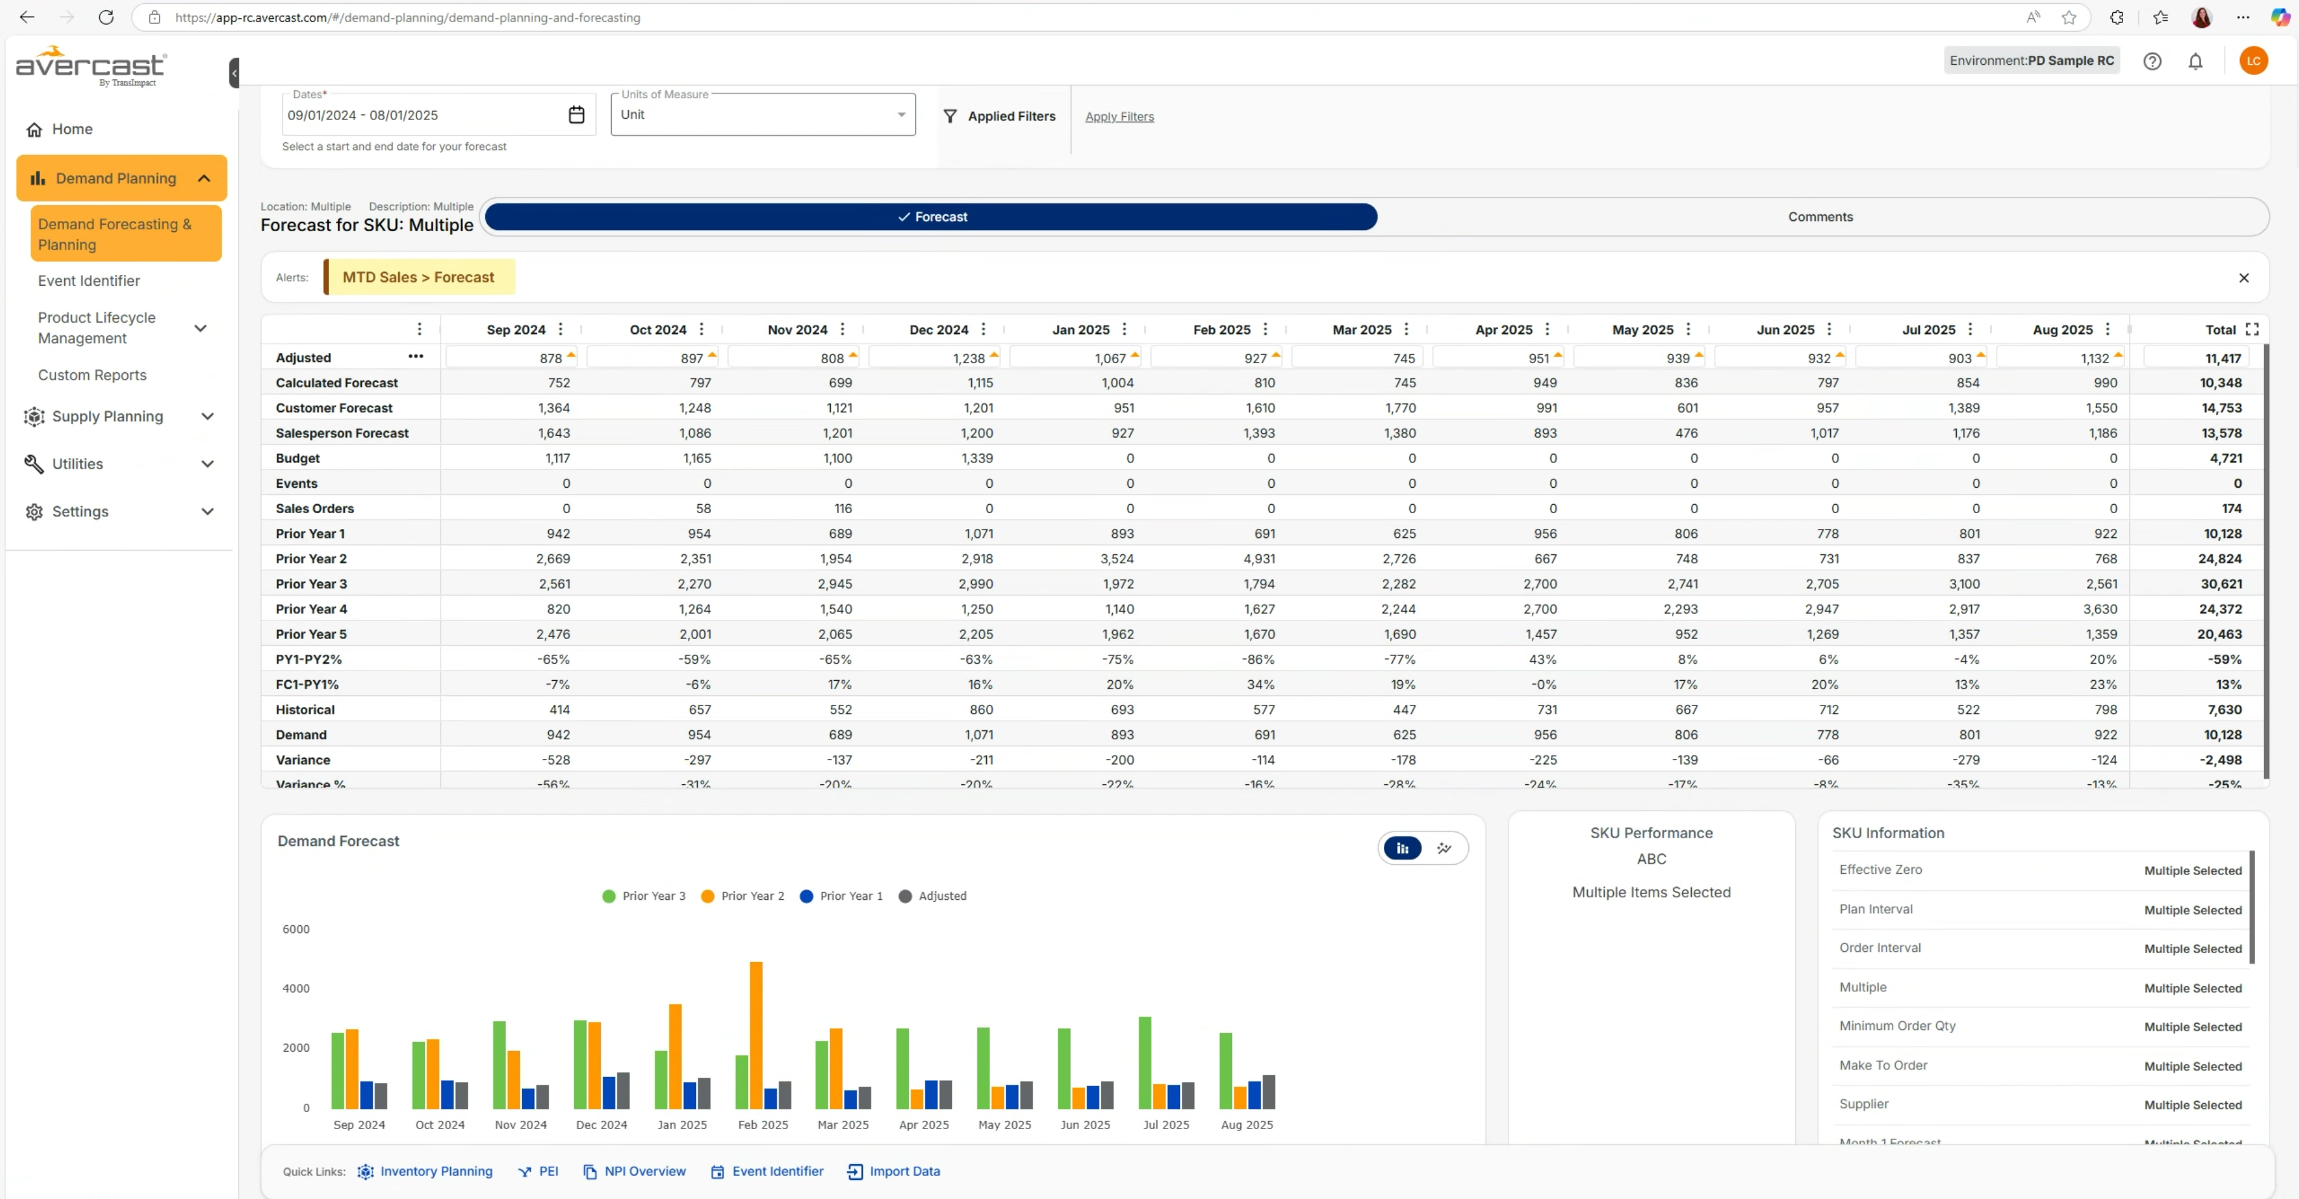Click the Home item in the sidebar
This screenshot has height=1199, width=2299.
point(71,130)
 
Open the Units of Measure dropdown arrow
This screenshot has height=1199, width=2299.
point(901,115)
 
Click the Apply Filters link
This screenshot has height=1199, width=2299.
point(1119,117)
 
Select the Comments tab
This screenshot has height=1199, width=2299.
point(1820,217)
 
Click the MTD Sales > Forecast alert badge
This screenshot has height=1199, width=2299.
point(418,278)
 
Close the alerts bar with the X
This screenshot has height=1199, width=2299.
point(2242,278)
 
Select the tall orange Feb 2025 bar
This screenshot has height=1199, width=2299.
point(756,1035)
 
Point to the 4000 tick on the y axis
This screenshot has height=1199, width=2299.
point(295,988)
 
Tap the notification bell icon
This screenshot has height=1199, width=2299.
point(2195,62)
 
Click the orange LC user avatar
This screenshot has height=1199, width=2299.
point(2253,62)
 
